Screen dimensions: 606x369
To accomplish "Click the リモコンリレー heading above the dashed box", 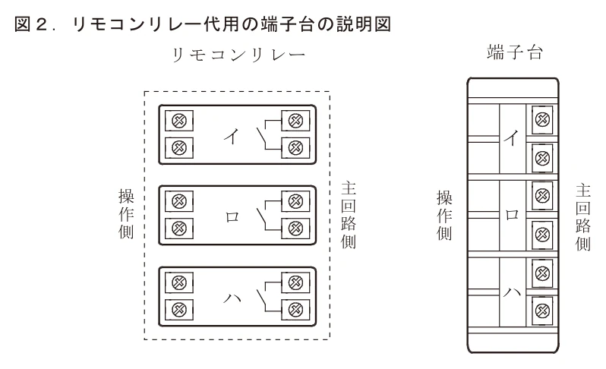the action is [x=238, y=55].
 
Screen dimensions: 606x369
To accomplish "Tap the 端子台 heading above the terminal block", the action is [x=514, y=52].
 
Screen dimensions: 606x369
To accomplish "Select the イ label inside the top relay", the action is [x=232, y=136].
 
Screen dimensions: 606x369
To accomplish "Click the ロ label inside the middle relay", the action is [x=232, y=217].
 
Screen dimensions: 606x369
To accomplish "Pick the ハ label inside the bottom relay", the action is [x=232, y=298].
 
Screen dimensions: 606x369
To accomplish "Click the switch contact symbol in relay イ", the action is [x=269, y=134].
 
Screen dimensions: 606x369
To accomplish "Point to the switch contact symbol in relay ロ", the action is [x=269, y=215].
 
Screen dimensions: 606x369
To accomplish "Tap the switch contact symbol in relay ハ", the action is [x=269, y=296].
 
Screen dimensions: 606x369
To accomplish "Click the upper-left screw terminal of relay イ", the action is [x=179, y=121].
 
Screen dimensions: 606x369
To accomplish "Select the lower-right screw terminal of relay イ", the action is [x=295, y=147].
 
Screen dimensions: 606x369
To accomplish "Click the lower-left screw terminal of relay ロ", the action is [x=179, y=229].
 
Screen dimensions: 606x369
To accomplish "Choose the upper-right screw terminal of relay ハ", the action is [x=295, y=282].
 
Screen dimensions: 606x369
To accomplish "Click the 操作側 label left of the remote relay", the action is [x=126, y=214].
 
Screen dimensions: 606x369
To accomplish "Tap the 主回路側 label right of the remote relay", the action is [x=349, y=215].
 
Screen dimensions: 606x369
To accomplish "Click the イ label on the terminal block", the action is [x=512, y=138].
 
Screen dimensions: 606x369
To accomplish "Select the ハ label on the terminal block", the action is [x=512, y=292].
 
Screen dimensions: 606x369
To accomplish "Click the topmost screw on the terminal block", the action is [x=542, y=120].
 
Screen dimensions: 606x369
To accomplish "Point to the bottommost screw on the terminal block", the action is [x=542, y=311].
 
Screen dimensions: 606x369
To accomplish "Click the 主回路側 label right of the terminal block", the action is [x=582, y=217].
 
